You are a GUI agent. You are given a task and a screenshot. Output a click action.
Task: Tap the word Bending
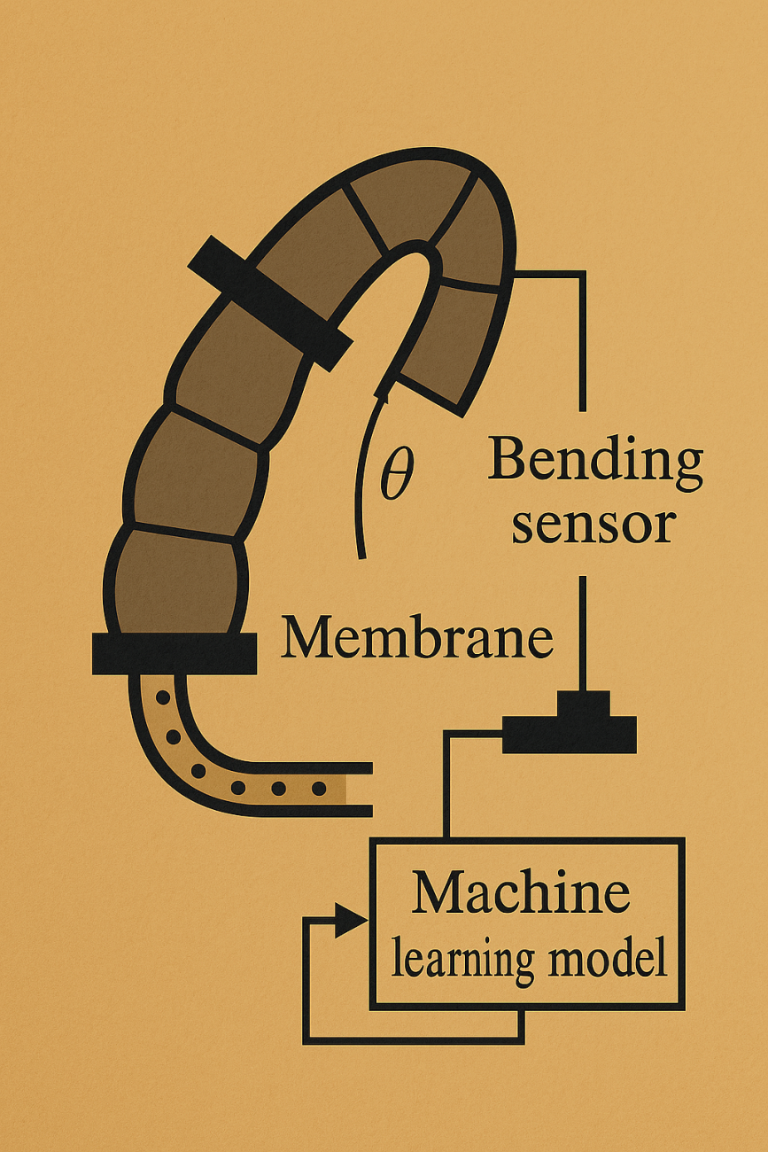(595, 462)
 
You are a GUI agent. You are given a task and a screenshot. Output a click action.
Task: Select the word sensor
(593, 524)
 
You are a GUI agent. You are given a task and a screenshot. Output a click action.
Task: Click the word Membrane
(416, 638)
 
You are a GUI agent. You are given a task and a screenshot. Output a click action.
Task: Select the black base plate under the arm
(175, 654)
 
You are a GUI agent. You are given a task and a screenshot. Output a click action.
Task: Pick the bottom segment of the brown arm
(175, 580)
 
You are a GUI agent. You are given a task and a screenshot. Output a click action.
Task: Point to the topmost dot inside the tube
(163, 698)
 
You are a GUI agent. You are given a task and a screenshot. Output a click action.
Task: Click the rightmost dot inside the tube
(319, 787)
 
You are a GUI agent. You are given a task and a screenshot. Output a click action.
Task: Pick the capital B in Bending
(506, 461)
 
